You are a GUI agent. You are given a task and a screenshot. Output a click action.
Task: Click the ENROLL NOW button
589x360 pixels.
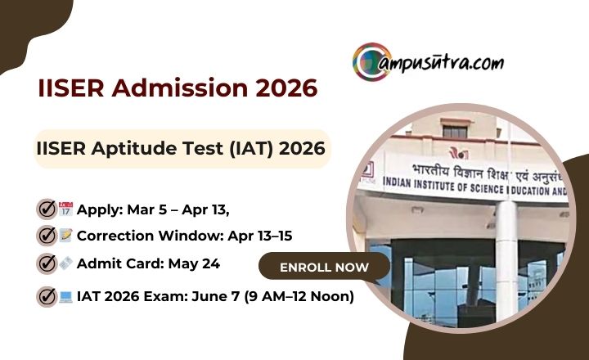[325, 267]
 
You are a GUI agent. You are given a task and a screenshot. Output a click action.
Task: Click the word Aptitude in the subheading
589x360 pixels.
[138, 149]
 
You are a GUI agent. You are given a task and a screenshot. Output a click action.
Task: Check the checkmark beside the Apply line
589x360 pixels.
[47, 209]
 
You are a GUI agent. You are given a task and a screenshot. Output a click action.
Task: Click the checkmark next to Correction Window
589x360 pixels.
[47, 236]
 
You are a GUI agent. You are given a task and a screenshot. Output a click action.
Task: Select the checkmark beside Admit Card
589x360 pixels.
[47, 263]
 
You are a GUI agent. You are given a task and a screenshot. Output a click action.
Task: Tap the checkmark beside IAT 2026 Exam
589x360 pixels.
[47, 295]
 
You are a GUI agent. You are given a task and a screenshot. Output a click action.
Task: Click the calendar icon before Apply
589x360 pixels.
[66, 209]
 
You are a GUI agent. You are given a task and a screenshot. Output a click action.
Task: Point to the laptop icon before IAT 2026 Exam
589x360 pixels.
[66, 296]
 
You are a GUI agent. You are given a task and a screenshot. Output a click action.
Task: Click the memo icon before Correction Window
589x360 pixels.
[66, 236]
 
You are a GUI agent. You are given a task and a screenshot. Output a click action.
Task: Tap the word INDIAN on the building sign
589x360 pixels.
[384, 188]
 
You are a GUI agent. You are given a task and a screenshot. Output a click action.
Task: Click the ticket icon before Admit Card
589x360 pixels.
[66, 263]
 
